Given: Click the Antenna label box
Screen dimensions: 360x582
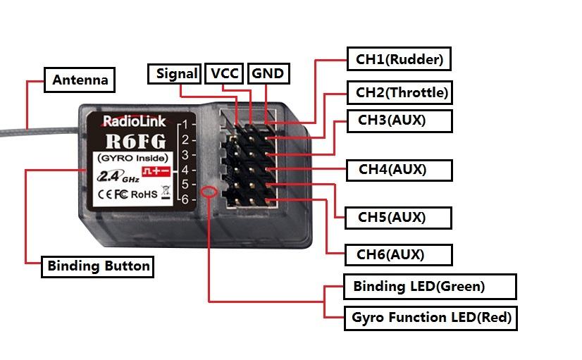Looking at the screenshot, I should (80, 80).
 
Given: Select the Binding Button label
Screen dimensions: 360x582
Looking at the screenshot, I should (98, 266).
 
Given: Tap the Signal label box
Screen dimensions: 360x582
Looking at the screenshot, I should (176, 73).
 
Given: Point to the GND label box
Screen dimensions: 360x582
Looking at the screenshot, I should (268, 73).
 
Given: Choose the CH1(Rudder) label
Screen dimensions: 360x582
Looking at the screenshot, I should (399, 59).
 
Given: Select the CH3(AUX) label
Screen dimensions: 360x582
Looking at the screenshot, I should (392, 120).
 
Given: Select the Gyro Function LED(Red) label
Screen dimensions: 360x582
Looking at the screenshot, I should (431, 318).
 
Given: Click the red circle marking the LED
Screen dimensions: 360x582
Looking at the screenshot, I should (208, 192).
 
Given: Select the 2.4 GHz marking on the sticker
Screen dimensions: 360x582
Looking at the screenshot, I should (113, 176).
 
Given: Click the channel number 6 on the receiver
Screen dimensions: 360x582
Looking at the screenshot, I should (184, 199).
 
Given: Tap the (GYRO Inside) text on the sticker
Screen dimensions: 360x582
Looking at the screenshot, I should (127, 157).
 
